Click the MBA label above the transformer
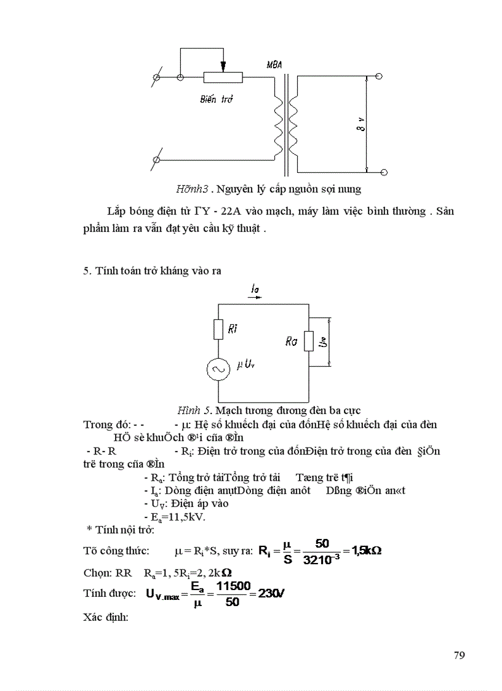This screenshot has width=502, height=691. pyautogui.click(x=274, y=64)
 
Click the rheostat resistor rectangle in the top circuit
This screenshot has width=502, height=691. pyautogui.click(x=223, y=78)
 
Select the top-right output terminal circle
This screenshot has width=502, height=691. pyautogui.click(x=379, y=76)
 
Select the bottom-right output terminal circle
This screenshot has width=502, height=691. pyautogui.click(x=384, y=172)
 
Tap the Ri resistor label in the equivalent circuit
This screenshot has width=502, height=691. pyautogui.click(x=233, y=329)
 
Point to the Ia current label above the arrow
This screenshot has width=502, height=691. pyautogui.click(x=255, y=288)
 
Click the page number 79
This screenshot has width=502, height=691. pyautogui.click(x=459, y=655)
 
